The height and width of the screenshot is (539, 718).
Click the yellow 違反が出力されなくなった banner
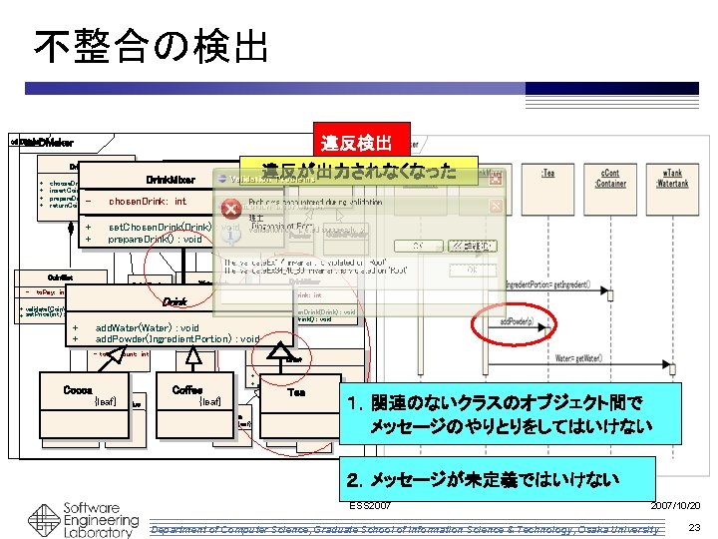(358, 172)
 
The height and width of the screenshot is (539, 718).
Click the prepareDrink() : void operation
(155, 240)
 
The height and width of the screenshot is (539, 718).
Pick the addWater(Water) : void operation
(147, 327)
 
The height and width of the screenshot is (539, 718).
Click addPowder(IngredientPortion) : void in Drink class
(177, 339)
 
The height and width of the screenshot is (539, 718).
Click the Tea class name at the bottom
(296, 392)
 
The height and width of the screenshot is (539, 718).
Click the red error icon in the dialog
(230, 209)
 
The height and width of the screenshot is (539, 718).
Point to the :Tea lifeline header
(548, 174)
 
